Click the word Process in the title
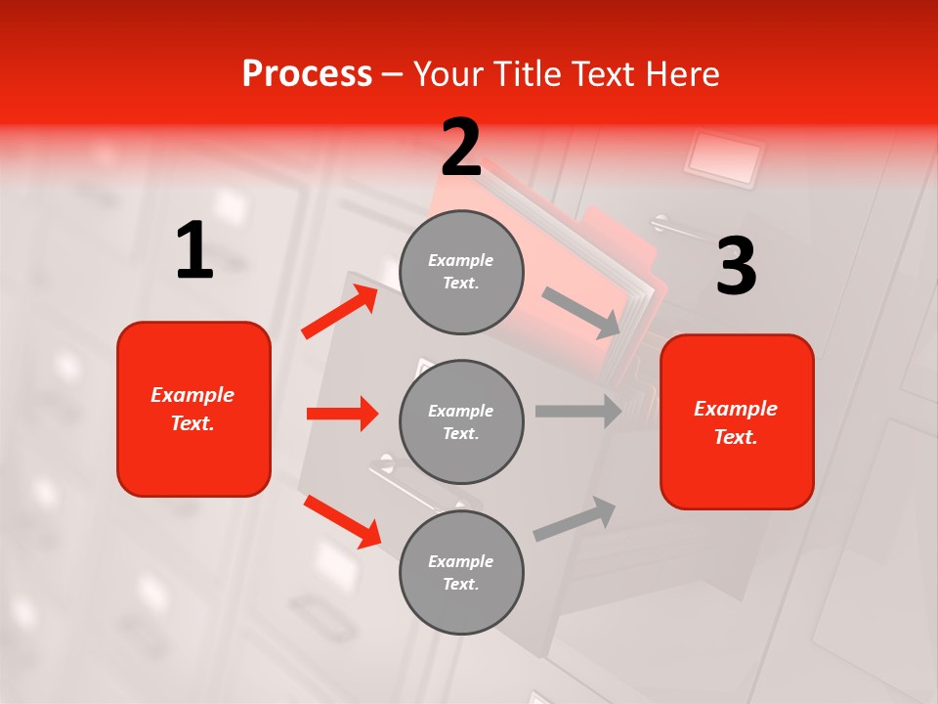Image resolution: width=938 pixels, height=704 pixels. click(x=307, y=74)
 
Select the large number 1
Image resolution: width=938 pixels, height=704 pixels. click(x=194, y=251)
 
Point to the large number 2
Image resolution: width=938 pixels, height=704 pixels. click(x=461, y=148)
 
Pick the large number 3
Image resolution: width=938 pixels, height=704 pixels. click(x=736, y=267)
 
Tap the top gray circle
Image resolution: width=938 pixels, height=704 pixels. click(x=461, y=272)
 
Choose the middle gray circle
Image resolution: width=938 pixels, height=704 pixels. click(x=461, y=421)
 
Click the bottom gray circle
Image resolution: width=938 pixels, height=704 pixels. click(x=461, y=572)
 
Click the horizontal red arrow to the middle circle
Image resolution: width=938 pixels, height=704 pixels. click(x=342, y=414)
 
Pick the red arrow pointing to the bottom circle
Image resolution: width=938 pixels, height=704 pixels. click(x=342, y=521)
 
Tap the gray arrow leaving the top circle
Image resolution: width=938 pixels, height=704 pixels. click(x=581, y=312)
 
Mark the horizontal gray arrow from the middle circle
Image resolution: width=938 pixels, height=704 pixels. click(x=577, y=411)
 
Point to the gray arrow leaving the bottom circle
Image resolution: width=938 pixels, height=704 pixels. click(x=575, y=518)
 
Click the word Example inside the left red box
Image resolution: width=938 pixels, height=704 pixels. click(x=192, y=395)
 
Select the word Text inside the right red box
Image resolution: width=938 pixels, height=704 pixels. click(x=735, y=437)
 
